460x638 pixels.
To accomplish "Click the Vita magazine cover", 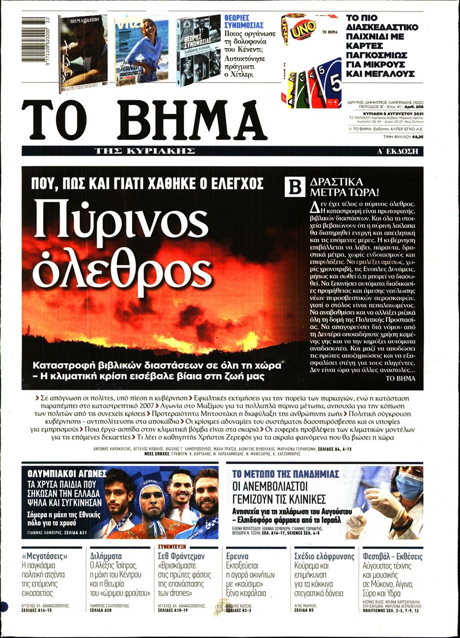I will [142, 49].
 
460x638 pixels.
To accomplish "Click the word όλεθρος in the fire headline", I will [122, 268].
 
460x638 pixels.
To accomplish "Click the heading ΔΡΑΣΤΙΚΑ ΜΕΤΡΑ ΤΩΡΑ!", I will [344, 187].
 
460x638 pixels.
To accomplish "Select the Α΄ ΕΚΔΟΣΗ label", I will [398, 151].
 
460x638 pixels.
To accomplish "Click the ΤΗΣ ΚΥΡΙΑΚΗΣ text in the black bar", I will [145, 151].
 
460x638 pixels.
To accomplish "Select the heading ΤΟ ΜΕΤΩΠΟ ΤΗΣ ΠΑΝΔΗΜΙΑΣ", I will [285, 474].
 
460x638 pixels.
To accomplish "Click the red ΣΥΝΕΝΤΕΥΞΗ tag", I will [172, 547].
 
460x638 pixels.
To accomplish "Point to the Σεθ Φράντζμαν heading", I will [181, 556].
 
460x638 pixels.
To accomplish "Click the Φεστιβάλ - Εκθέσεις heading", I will [392, 556].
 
